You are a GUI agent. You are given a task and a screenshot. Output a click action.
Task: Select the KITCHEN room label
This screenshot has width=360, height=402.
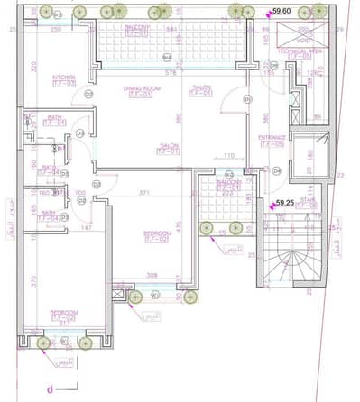click(63, 78)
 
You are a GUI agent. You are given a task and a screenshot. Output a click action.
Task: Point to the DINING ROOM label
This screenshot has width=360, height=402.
click(142, 87)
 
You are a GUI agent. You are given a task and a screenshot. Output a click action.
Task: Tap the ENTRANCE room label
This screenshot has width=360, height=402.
click(272, 137)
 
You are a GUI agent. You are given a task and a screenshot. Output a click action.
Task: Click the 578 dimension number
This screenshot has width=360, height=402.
click(171, 72)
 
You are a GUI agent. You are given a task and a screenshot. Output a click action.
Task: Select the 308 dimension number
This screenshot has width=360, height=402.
click(152, 276)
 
